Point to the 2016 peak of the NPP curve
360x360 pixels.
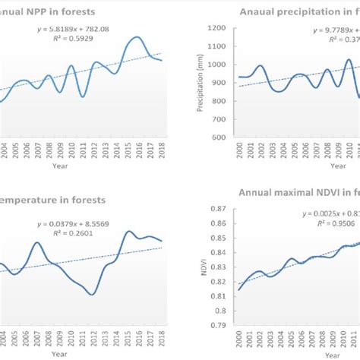[136, 37]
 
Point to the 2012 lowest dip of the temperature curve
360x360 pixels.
[92, 294]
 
